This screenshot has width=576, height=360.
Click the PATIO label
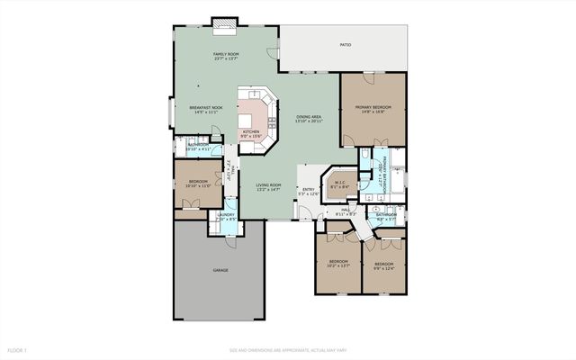[x=346, y=45]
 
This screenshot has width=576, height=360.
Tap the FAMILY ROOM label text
[x=225, y=55]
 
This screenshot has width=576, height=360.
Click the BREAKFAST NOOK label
[x=204, y=108]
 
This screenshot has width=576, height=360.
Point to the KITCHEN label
[x=250, y=132]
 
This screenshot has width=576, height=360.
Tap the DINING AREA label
[x=310, y=117]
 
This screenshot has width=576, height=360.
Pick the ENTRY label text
[x=309, y=189]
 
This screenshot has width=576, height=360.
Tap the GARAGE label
[x=220, y=270]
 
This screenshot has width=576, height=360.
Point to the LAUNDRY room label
[x=226, y=215]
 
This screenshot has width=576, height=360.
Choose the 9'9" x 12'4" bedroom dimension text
[x=384, y=267]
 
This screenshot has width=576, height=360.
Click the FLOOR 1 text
[x=18, y=348]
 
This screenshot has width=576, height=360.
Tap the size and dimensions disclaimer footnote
[x=288, y=348]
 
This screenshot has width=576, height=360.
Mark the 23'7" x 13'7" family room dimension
[x=225, y=59]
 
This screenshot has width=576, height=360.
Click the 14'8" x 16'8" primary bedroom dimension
[x=373, y=112]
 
